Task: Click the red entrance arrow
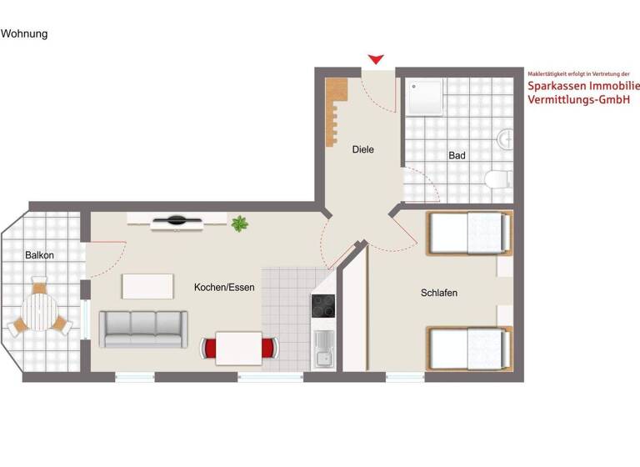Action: tap(377, 59)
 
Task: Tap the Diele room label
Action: tap(363, 150)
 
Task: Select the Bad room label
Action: tap(457, 155)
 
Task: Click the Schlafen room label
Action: tap(439, 293)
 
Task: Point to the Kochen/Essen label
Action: tap(224, 288)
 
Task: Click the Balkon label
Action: tap(39, 255)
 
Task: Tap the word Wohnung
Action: tap(24, 34)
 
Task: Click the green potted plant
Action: tap(240, 223)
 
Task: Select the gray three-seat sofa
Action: tap(142, 329)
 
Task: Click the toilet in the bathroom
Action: tap(498, 178)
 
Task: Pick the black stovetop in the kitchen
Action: tap(322, 308)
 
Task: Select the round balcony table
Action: tap(39, 313)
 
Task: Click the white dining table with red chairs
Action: tap(239, 347)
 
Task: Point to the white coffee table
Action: tap(147, 286)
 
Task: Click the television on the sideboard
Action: tap(177, 220)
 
